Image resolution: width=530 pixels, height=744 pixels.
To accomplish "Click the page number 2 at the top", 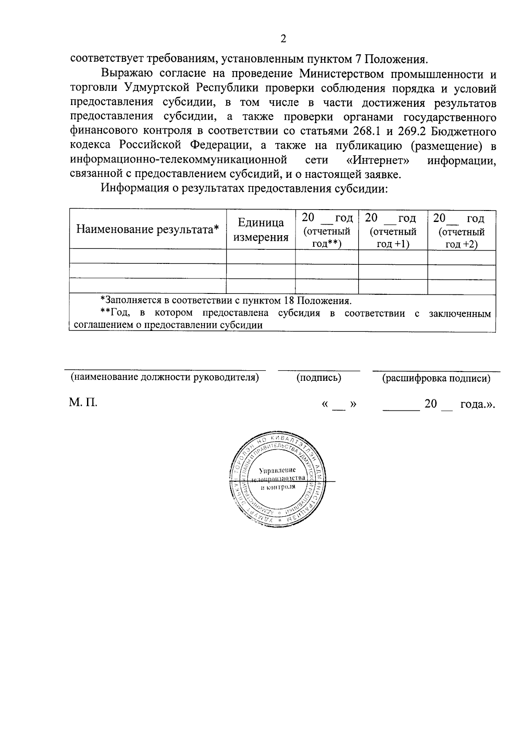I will pos(283,39).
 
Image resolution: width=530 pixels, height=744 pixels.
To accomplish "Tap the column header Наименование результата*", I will pos(148,229).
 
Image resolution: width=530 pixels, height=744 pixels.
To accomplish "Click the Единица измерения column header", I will pos(261,230).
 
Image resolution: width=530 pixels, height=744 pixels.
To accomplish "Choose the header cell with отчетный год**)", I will pos(327,231).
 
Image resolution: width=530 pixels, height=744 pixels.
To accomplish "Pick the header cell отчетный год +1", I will pos(393,231).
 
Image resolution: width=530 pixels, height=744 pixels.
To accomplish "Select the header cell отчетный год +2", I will pos(462,231).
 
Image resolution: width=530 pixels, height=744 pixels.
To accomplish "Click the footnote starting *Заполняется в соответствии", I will pos(226,301).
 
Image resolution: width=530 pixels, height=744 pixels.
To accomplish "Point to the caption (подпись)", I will pos(319,378).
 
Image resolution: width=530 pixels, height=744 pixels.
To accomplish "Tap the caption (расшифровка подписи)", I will pos(436,378).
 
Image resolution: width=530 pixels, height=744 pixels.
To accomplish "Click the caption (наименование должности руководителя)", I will pos(165,378).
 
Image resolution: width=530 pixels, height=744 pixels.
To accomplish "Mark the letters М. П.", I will pos(83,402).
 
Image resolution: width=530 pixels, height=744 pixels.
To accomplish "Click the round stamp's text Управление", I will pos(277,470).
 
